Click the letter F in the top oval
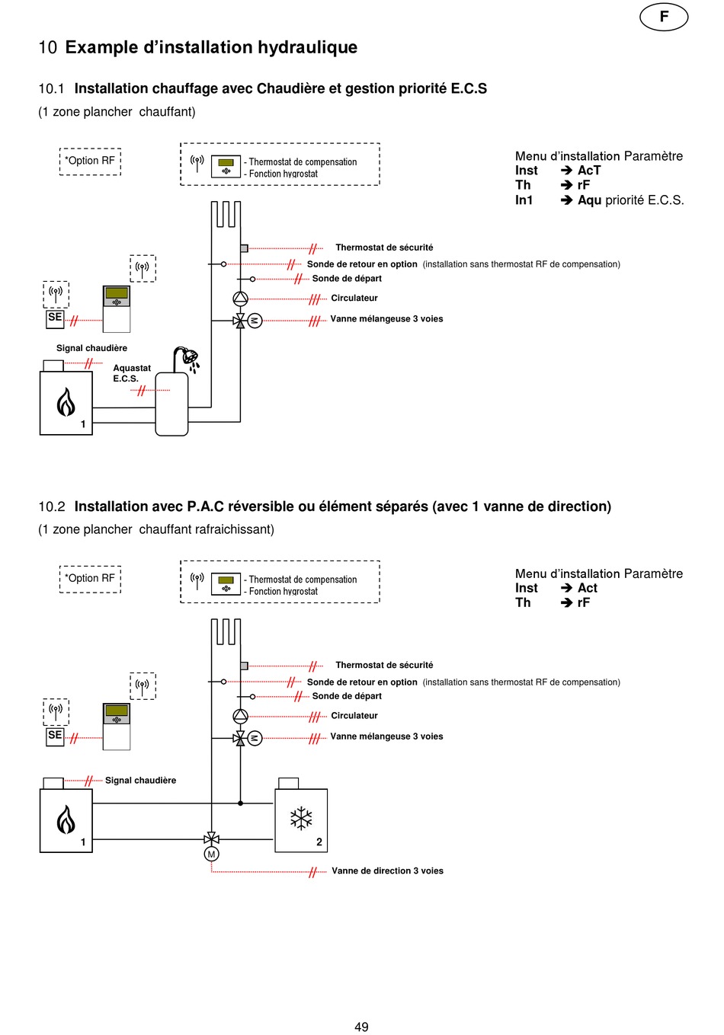click(664, 17)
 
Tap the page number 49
click(361, 1027)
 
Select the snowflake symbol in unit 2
click(301, 818)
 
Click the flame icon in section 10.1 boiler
click(66, 401)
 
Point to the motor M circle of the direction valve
click(211, 854)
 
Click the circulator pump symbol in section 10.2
click(240, 716)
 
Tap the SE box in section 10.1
click(55, 319)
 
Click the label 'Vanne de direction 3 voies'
click(387, 870)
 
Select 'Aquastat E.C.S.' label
click(132, 373)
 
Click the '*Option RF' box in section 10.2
click(90, 579)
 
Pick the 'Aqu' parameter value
click(589, 200)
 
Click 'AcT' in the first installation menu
click(589, 171)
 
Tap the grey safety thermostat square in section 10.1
click(244, 248)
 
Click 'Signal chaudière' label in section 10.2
click(140, 780)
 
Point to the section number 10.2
click(52, 506)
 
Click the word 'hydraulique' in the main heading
click(307, 47)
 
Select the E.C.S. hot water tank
click(171, 404)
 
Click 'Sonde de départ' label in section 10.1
click(347, 278)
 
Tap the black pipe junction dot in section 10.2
click(240, 803)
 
